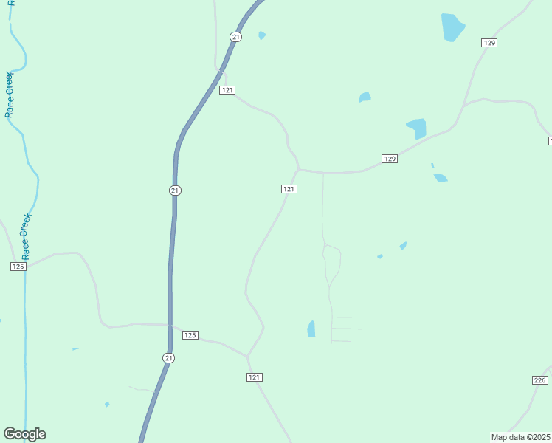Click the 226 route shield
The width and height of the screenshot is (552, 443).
[x=539, y=380]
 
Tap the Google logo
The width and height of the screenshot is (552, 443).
[x=24, y=434]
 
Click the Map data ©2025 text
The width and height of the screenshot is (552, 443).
[x=520, y=436]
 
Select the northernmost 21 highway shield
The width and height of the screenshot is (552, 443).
[x=235, y=36]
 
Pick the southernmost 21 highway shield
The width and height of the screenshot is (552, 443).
[x=169, y=358]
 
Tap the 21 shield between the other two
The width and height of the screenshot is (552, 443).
[x=174, y=190]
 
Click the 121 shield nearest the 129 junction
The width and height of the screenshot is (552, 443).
[x=289, y=189]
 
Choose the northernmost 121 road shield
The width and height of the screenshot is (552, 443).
[x=227, y=90]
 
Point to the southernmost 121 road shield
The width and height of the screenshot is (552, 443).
[x=255, y=377]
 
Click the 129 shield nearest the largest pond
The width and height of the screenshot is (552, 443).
[x=489, y=43]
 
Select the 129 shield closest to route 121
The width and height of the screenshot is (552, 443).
[x=390, y=159]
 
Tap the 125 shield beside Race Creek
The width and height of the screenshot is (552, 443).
[x=18, y=267]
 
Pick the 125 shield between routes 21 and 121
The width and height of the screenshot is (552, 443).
[x=190, y=335]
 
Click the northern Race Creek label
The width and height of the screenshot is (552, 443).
[x=10, y=95]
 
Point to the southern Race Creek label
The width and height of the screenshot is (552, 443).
[x=25, y=236]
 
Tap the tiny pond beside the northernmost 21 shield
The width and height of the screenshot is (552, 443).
[x=262, y=35]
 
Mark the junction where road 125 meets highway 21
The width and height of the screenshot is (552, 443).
[x=170, y=326]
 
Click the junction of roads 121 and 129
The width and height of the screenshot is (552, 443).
[x=299, y=170]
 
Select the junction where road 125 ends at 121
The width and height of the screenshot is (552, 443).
[x=247, y=356]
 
